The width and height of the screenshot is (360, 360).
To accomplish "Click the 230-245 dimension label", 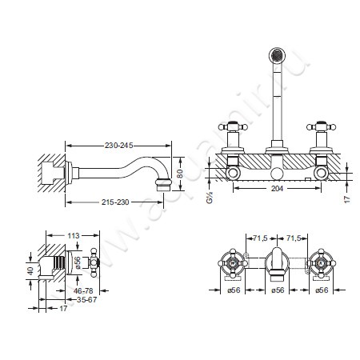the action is [x=118, y=146].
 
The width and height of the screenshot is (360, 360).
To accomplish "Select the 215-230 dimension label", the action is [x=115, y=202].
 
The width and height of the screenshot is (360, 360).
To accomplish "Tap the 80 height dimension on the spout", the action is [x=181, y=174].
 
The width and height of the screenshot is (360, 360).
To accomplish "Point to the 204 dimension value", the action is [x=278, y=189].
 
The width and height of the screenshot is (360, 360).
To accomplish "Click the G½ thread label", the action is [x=210, y=198].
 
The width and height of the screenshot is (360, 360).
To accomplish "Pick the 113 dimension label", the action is [x=74, y=236].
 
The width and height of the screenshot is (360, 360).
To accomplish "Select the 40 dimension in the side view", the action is [x=31, y=270].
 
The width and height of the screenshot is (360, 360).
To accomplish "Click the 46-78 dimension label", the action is [x=83, y=290].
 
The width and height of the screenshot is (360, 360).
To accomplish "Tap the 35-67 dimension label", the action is [x=87, y=299].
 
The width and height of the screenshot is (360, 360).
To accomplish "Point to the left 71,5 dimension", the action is [x=260, y=238].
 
